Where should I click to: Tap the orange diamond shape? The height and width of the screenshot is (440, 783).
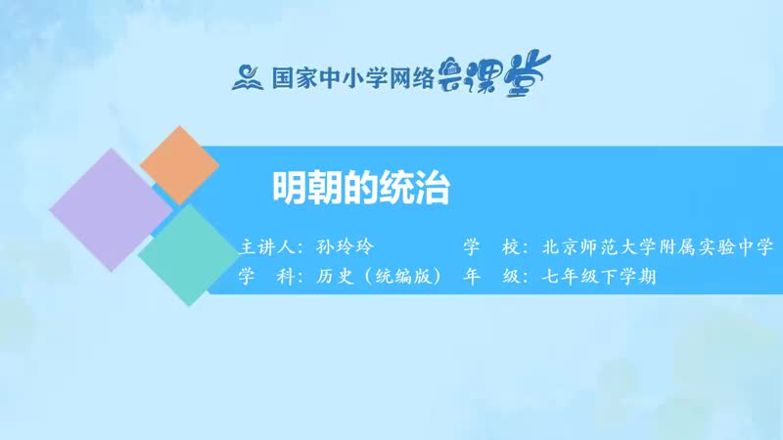pyautogui.click(x=179, y=164)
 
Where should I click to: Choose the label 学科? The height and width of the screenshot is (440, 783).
pyautogui.click(x=266, y=276)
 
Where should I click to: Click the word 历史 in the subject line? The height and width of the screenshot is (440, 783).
pyautogui.click(x=336, y=276)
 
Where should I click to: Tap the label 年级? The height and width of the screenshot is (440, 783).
pyautogui.click(x=485, y=276)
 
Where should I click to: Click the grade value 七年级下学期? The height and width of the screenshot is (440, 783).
pyautogui.click(x=597, y=276)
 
